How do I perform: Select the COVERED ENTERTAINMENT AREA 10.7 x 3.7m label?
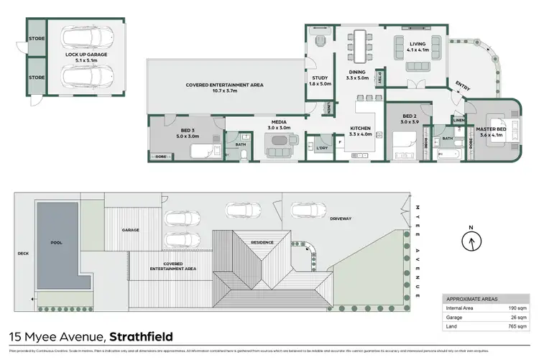click(x=225, y=88)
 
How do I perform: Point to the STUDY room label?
click(x=319, y=80)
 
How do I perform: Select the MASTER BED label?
click(x=492, y=131)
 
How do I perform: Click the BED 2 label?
click(x=408, y=119)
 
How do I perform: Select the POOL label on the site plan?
click(x=57, y=243)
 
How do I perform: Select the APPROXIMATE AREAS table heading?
click(x=471, y=298)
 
